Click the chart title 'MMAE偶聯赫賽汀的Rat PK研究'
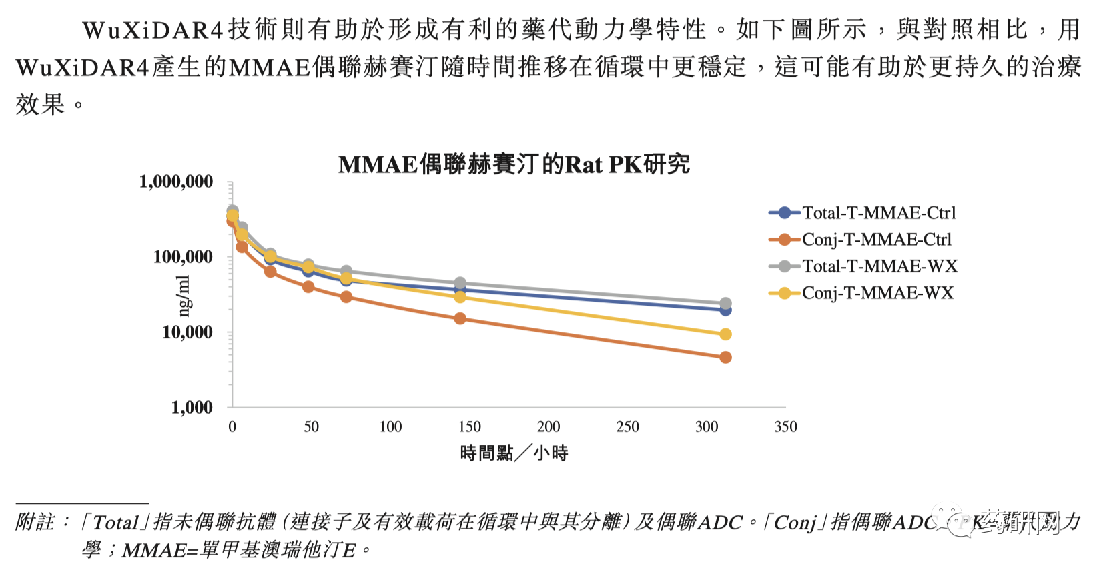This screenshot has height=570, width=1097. tap(514, 164)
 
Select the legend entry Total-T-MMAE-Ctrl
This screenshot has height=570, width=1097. tap(878, 213)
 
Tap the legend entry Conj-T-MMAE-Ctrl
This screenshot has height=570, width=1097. tap(876, 240)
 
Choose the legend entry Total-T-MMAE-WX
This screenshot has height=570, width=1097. tap(879, 266)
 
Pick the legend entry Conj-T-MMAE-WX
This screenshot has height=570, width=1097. tap(877, 293)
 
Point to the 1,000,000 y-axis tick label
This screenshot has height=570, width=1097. tap(175, 182)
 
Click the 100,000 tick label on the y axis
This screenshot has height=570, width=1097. tap(183, 257)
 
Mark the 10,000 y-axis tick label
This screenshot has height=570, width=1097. tap(187, 332)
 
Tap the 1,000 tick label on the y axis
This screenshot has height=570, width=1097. tap(192, 408)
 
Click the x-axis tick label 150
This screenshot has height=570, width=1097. tap(469, 427)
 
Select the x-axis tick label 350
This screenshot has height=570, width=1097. tap(785, 427)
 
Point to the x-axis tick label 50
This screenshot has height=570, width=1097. tap(311, 427)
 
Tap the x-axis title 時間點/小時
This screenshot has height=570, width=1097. tap(514, 453)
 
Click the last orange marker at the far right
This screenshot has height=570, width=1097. tap(725, 358)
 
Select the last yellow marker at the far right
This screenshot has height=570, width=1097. tap(725, 334)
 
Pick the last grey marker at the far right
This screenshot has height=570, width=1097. tap(725, 304)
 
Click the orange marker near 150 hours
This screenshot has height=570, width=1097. tap(460, 319)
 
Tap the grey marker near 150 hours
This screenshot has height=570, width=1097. tap(460, 284)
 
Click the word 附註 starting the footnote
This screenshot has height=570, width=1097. tap(35, 522)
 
